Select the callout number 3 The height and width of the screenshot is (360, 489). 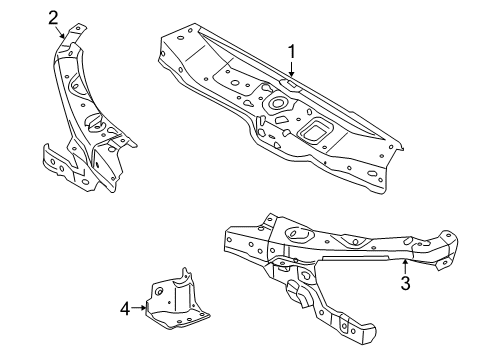(x=406, y=283)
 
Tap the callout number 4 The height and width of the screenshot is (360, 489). (x=125, y=308)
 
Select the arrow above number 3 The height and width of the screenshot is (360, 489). (x=403, y=265)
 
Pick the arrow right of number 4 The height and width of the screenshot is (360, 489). (x=140, y=308)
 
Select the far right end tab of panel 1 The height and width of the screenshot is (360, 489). (x=403, y=152)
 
